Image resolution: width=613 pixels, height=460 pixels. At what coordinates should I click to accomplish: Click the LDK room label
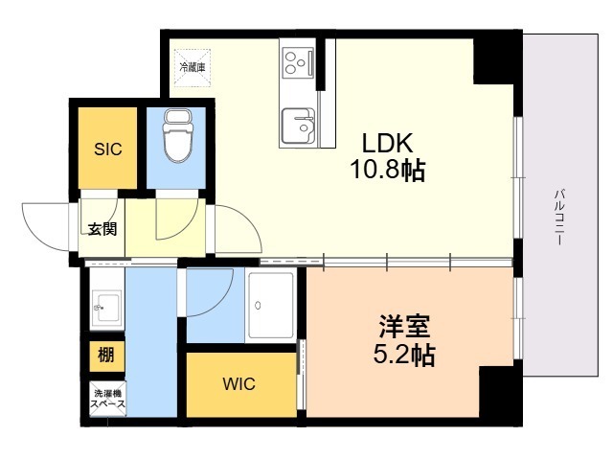point(387,143)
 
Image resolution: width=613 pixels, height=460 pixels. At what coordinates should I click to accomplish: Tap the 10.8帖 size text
point(387,172)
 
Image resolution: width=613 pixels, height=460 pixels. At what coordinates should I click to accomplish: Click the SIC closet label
point(106,149)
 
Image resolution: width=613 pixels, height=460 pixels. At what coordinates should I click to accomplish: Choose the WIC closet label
point(238,384)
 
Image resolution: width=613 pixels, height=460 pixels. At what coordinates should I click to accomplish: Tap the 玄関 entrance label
point(102,229)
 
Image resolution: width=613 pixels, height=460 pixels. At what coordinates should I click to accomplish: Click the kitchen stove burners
point(300,62)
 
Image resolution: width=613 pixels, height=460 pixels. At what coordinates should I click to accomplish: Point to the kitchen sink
point(299,124)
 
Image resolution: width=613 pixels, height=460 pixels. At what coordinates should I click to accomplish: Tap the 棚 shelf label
point(105,356)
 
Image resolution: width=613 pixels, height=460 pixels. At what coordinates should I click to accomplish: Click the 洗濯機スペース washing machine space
point(106,400)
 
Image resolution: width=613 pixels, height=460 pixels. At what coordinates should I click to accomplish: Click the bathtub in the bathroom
point(271,305)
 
